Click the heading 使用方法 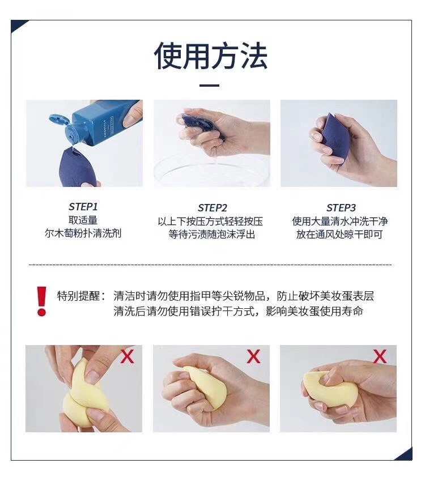(211, 56)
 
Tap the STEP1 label (83, 207)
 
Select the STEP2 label (212, 207)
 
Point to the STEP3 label (341, 207)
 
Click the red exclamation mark (41, 301)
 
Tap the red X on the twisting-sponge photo (127, 356)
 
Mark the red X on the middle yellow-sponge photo (253, 356)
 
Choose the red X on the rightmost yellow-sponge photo (380, 356)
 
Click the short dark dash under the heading (210, 85)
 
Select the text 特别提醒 (79, 296)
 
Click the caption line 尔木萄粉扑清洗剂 (83, 233)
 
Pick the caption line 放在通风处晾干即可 (339, 235)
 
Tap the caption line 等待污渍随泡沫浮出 (211, 235)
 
